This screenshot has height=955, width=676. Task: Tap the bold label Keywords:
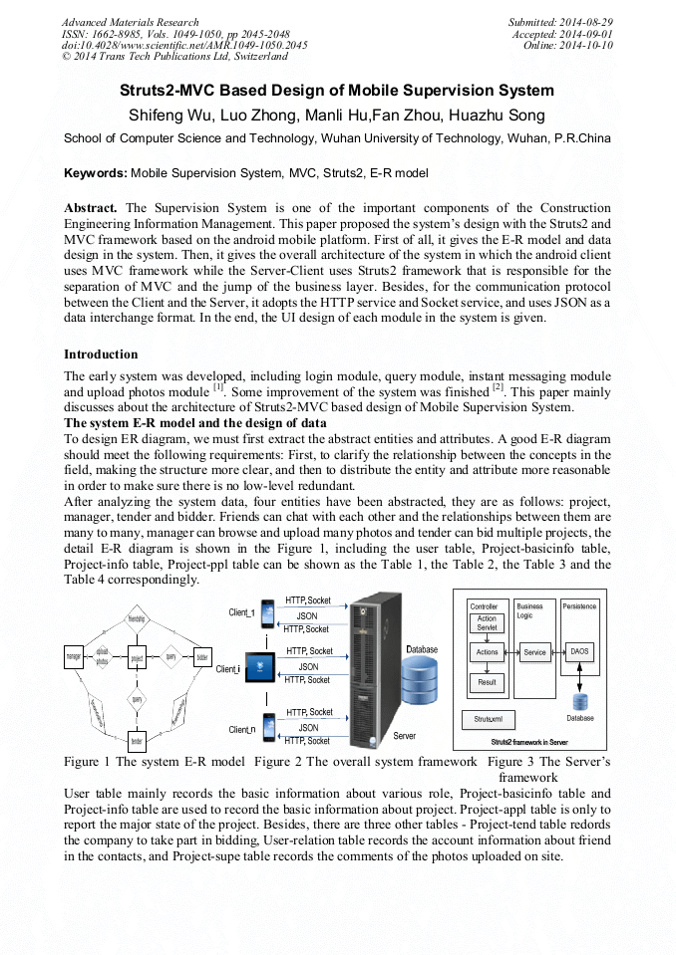click(95, 173)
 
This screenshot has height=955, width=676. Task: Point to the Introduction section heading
click(101, 355)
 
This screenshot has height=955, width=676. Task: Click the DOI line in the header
click(184, 46)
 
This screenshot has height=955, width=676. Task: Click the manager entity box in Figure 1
click(73, 658)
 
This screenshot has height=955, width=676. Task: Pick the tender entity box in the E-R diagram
click(138, 740)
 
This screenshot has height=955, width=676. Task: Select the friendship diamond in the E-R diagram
click(138, 619)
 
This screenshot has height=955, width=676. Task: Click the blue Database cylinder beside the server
click(420, 682)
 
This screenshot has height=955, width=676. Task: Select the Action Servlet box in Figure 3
click(486, 623)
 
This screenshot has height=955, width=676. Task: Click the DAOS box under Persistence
click(579, 652)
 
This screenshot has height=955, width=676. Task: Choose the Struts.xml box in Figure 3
click(488, 718)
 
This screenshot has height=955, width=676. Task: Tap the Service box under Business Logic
click(535, 652)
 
